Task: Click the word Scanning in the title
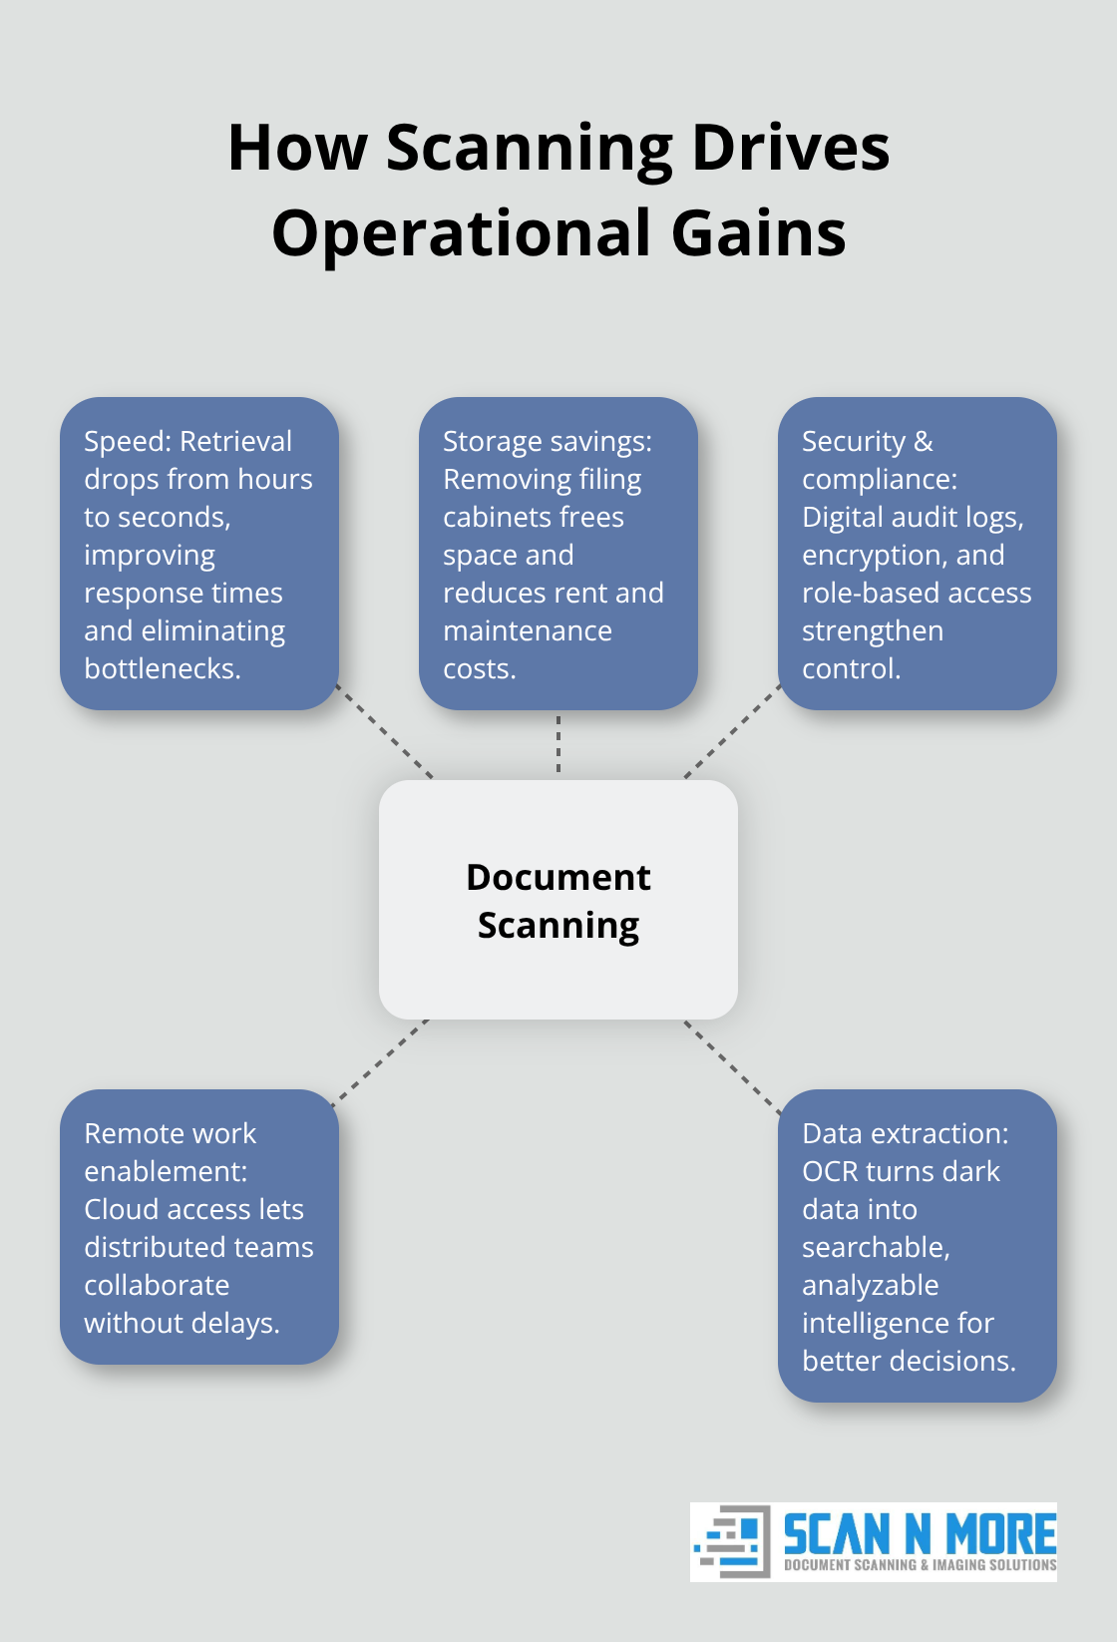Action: (x=530, y=149)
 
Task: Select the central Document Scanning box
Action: (x=558, y=899)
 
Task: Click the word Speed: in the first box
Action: (x=128, y=441)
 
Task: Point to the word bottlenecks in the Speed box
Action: (x=162, y=668)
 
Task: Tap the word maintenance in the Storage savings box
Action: (x=528, y=630)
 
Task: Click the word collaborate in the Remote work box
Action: (x=157, y=1285)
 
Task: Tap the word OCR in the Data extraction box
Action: (x=830, y=1171)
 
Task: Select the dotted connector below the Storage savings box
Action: (x=558, y=744)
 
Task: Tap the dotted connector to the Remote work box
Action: (x=380, y=1061)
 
